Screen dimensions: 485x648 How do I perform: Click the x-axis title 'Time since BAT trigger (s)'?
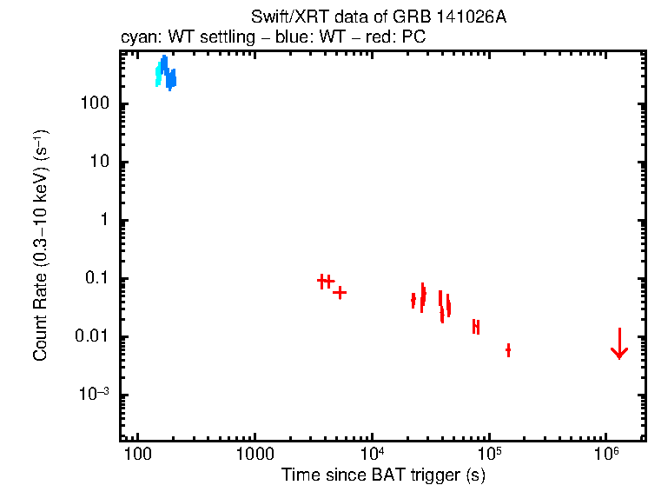383,475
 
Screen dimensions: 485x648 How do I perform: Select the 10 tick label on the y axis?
97,163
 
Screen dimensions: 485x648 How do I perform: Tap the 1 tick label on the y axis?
102,221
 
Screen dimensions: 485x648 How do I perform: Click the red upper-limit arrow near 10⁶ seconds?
618,345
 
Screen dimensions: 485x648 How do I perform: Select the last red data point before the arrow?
508,350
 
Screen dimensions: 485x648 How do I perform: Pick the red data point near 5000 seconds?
340,293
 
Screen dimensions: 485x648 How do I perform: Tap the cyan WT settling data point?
158,76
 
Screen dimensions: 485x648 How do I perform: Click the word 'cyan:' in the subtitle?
137,38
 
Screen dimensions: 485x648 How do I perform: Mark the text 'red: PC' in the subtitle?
400,38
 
